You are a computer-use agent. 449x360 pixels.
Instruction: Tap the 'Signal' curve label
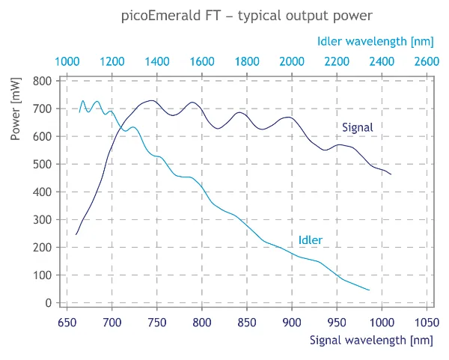click(x=357, y=128)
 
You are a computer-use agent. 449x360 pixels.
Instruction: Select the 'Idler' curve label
click(x=311, y=240)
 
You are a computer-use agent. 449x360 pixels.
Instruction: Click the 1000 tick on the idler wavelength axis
click(x=67, y=61)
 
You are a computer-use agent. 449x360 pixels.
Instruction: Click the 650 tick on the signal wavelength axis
click(x=67, y=323)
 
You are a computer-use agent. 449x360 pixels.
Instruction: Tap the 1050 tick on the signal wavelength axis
click(x=427, y=323)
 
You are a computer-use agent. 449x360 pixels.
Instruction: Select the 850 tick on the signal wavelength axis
click(x=247, y=323)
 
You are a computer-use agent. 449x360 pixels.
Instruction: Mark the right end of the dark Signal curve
click(x=391, y=174)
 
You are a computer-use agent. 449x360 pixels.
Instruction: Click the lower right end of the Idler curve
click(x=370, y=290)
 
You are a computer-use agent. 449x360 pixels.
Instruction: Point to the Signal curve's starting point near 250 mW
click(x=76, y=234)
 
